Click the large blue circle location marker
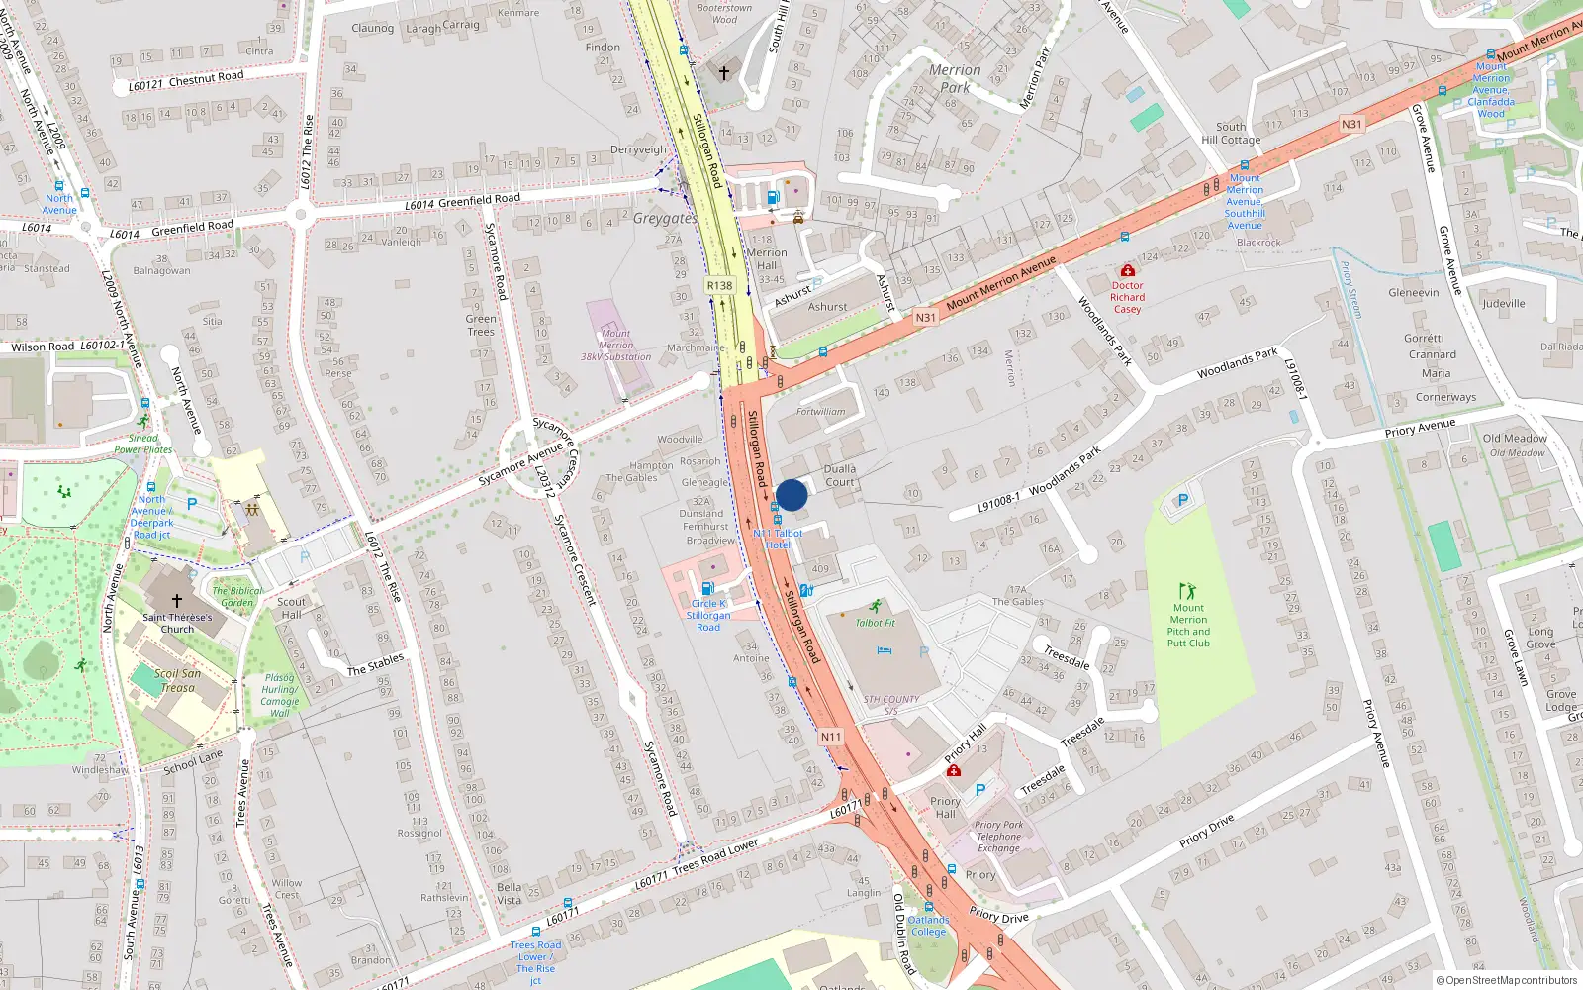(x=791, y=495)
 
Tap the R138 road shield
(x=719, y=285)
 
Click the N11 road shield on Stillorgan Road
(x=830, y=737)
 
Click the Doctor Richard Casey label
(x=1127, y=297)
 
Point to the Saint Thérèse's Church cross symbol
(x=177, y=600)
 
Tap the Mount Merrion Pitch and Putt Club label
(x=1188, y=626)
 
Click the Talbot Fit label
(x=875, y=623)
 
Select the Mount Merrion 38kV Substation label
(x=615, y=346)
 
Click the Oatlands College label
(x=928, y=926)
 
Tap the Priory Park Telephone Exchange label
(x=998, y=837)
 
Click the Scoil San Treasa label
(x=177, y=680)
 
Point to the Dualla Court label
(x=840, y=475)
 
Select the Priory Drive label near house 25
(x=1207, y=831)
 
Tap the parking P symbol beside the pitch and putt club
(x=1182, y=501)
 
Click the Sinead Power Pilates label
(x=142, y=444)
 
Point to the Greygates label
(x=665, y=218)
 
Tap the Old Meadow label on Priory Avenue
(x=1514, y=438)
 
